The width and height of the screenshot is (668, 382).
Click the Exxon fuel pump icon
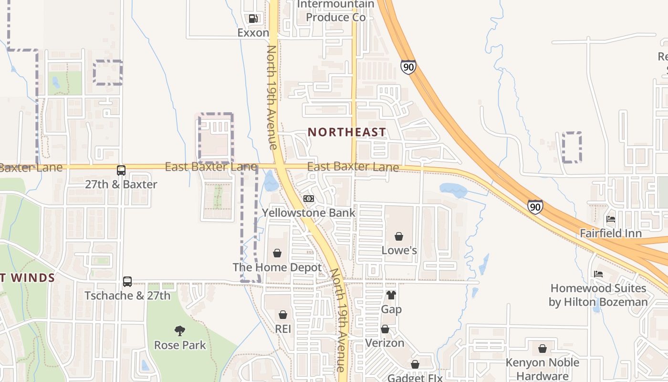253,19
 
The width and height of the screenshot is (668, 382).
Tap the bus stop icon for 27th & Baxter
121,170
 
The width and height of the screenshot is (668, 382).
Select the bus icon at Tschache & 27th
127,282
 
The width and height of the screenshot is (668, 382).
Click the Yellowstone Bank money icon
309,199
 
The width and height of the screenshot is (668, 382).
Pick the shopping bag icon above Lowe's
399,236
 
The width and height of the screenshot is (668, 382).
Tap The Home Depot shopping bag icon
277,253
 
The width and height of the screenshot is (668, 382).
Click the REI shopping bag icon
283,315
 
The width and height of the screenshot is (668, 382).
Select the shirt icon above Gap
391,295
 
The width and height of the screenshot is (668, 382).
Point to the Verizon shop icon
385,329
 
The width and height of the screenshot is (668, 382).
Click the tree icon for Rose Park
180,330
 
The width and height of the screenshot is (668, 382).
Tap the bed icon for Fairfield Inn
611,219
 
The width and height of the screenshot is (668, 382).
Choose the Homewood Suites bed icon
598,274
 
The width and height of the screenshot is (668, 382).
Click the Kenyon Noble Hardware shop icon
542,349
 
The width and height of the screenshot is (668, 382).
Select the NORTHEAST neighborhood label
347,132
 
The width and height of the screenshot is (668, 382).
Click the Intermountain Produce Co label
335,11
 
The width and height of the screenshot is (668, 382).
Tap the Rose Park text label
180,345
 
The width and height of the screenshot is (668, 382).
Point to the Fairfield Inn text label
611,233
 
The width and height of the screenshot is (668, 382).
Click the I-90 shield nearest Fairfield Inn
535,207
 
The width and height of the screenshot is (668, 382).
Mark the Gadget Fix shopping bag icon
415,364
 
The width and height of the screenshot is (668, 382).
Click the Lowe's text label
399,250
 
